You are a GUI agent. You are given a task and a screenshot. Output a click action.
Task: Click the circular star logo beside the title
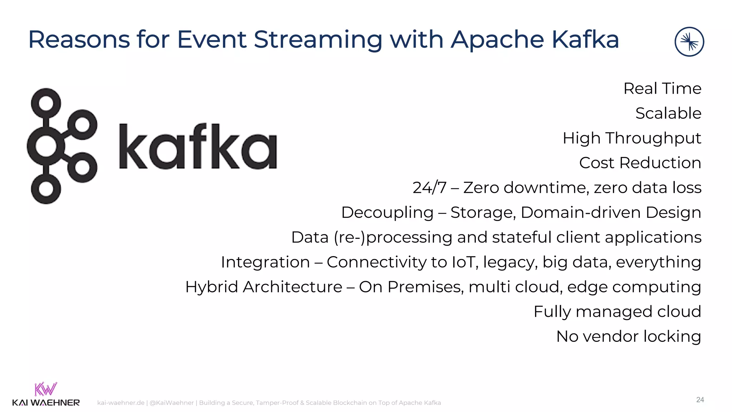pos(689,42)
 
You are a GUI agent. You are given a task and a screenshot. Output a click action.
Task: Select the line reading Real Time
pos(662,88)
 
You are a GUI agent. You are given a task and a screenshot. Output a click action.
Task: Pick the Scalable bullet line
pos(668,113)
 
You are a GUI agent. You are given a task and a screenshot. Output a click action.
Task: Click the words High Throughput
pos(632,138)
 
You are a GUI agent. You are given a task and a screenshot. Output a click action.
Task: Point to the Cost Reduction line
pos(640,163)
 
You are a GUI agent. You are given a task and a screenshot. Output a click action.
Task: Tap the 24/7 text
pos(429,188)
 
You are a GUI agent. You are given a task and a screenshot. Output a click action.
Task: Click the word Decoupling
pos(387,213)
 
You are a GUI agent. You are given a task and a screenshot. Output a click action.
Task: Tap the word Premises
pos(425,287)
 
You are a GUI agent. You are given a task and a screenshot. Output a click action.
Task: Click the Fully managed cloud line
pos(617,312)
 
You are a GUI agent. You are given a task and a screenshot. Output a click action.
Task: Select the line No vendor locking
pos(628,337)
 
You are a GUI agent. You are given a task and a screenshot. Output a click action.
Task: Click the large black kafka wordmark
pos(198,147)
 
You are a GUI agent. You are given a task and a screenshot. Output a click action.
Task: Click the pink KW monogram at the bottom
pos(45,389)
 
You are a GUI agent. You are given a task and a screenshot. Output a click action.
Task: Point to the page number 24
pos(700,400)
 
